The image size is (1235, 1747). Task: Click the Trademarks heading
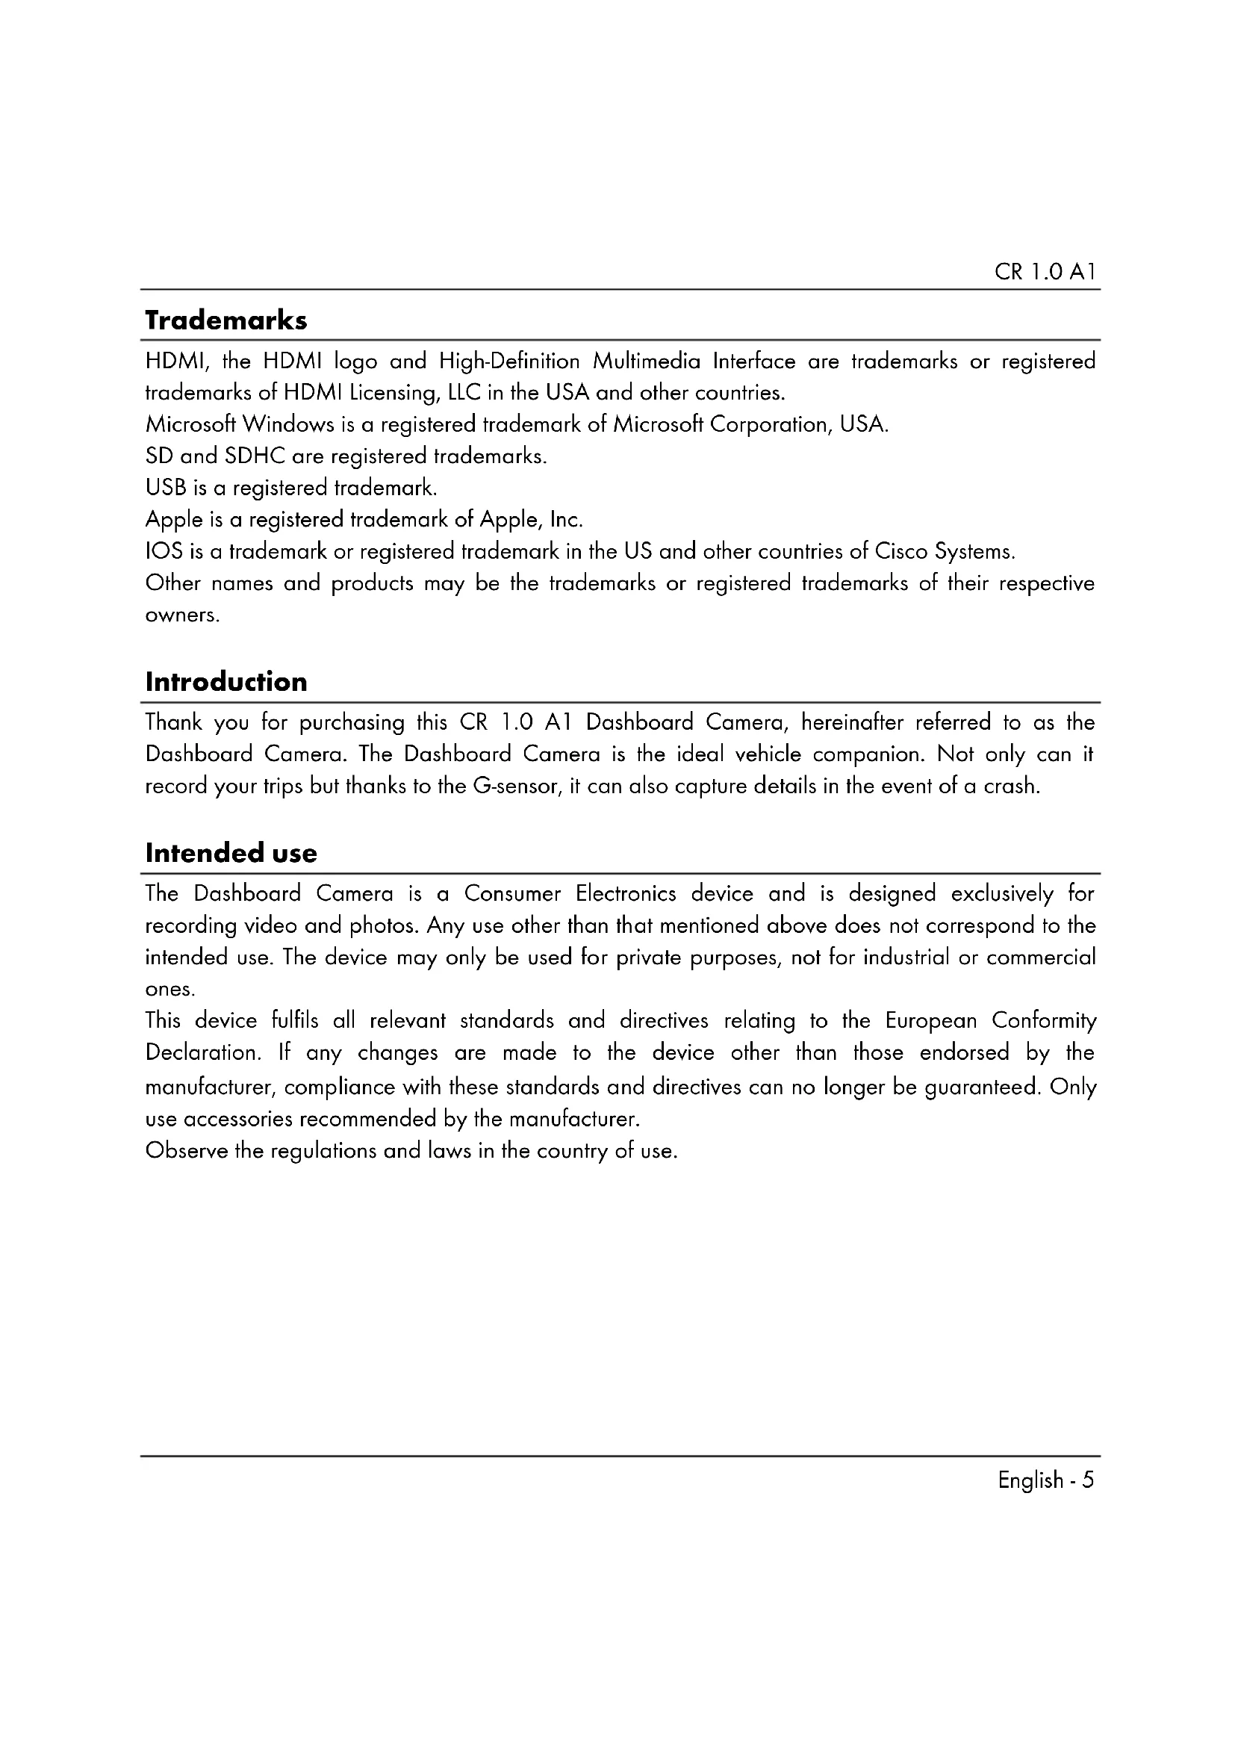coord(225,320)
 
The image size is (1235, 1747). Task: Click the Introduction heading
coord(225,682)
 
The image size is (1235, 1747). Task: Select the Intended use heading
coord(231,853)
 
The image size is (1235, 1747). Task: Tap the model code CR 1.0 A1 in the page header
coord(1045,273)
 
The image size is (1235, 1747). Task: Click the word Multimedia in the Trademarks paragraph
coord(647,361)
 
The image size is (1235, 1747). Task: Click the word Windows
coord(288,424)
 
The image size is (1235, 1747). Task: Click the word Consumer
coord(512,893)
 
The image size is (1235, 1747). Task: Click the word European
coord(931,1020)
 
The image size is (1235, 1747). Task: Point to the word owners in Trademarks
coord(181,615)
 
